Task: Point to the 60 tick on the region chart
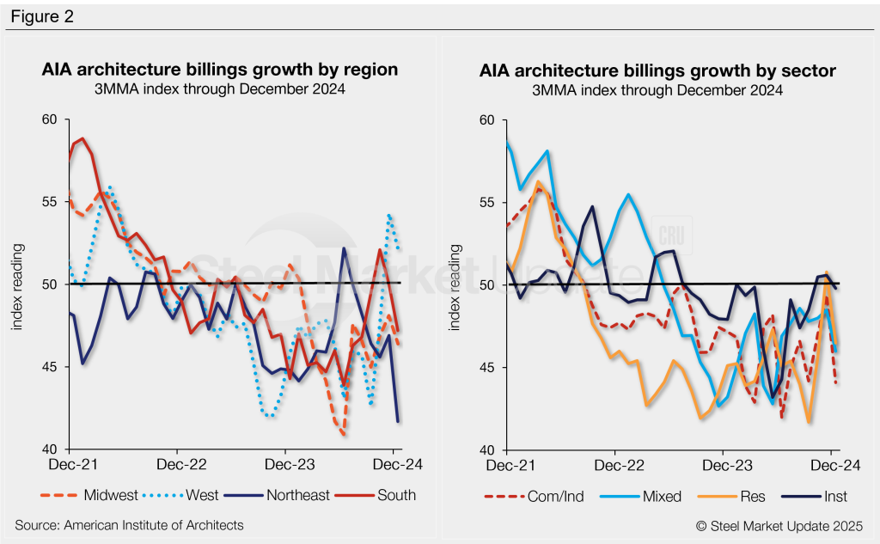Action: [50, 119]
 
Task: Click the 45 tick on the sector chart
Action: [489, 368]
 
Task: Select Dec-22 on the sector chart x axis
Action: [614, 465]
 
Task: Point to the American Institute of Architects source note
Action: [129, 524]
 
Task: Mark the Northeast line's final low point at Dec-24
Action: [397, 421]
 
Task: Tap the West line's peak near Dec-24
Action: [390, 216]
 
